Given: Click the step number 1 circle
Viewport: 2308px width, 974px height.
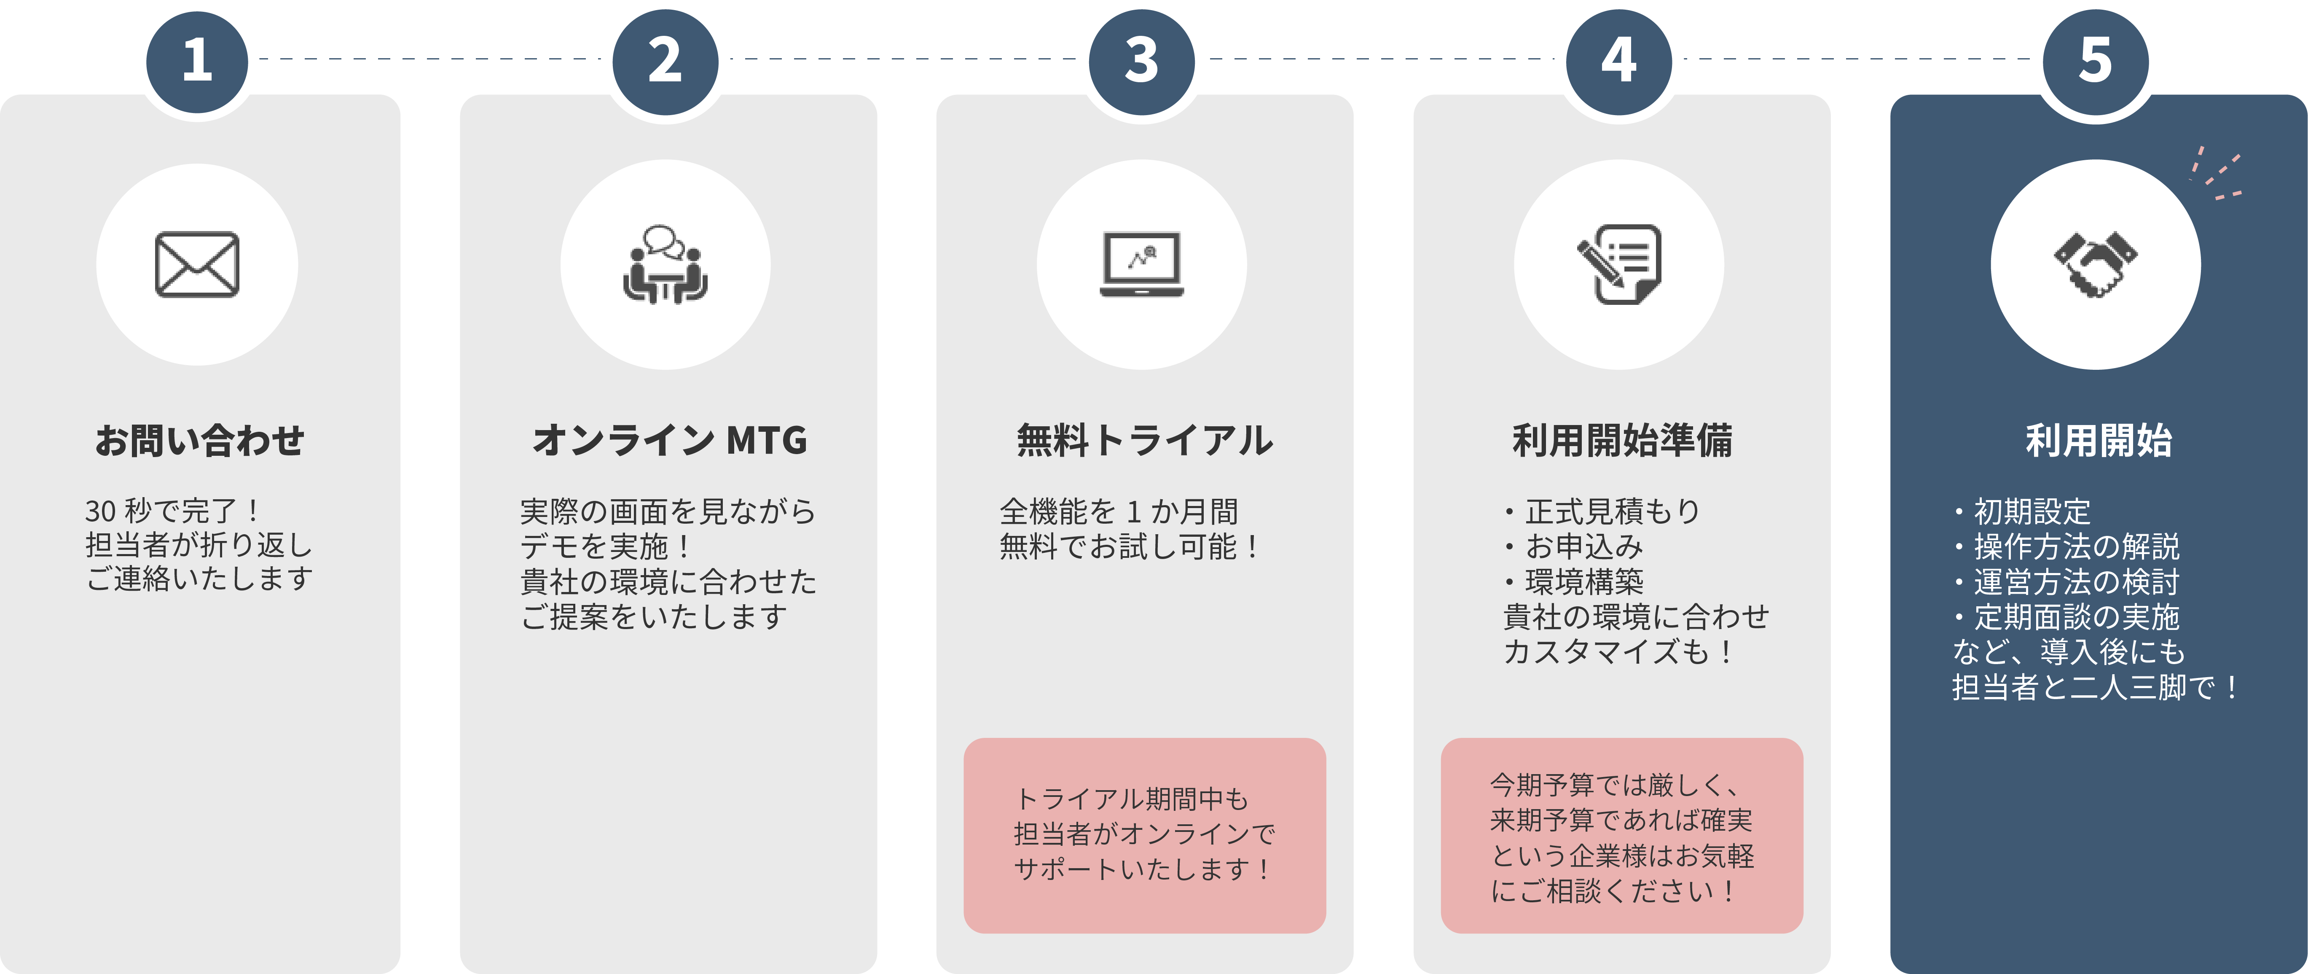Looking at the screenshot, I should click(x=197, y=61).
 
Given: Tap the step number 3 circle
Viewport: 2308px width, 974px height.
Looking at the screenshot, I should click(x=1141, y=61).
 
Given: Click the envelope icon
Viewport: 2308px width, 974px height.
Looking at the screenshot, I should click(x=197, y=264).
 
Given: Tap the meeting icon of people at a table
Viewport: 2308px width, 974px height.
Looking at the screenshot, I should click(x=665, y=264).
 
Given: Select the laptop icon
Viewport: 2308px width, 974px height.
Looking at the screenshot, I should click(x=1141, y=264).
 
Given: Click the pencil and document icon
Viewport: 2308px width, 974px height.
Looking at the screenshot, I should click(x=1619, y=264).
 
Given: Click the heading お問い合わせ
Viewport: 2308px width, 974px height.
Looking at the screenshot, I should click(x=199, y=440).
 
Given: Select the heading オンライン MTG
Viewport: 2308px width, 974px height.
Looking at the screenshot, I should click(x=669, y=440).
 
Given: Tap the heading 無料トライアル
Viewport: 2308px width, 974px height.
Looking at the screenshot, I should click(x=1144, y=440).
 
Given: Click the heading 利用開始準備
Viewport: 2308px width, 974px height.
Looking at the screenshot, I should click(x=1622, y=440).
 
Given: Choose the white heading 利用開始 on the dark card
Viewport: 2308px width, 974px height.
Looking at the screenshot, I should click(x=2099, y=440).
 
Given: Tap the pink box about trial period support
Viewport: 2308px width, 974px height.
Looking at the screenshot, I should click(x=1144, y=835).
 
